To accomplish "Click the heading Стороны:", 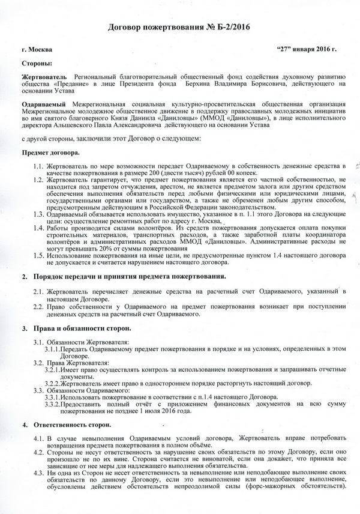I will (x=37, y=63).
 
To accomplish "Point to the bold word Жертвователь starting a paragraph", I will (x=44, y=77).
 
